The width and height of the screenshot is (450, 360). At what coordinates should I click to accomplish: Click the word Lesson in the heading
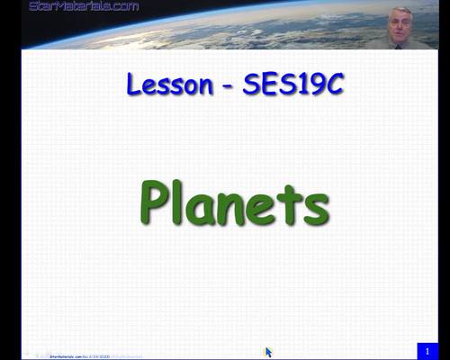coord(166,86)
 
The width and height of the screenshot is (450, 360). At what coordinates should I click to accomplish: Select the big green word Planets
coord(234,204)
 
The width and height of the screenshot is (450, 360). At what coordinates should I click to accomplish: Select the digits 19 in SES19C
coord(303,86)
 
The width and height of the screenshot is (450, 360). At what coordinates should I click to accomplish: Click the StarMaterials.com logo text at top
coord(84,6)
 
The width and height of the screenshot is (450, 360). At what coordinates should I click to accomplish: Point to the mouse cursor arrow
coord(268,352)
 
